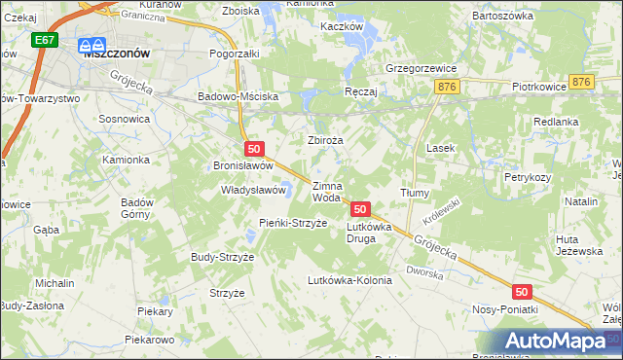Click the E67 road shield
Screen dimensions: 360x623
pyautogui.click(x=43, y=40)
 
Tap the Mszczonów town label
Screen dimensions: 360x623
pyautogui.click(x=117, y=54)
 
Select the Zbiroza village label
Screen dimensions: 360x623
pyautogui.click(x=326, y=140)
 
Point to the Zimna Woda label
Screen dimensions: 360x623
pyautogui.click(x=326, y=192)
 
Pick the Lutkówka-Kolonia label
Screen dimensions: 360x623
pyautogui.click(x=349, y=280)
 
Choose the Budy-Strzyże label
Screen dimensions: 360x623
pyautogui.click(x=222, y=257)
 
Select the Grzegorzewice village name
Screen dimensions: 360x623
pyautogui.click(x=421, y=69)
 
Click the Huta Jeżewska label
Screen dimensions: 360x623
pyautogui.click(x=573, y=245)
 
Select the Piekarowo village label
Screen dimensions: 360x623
pyautogui.click(x=149, y=341)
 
